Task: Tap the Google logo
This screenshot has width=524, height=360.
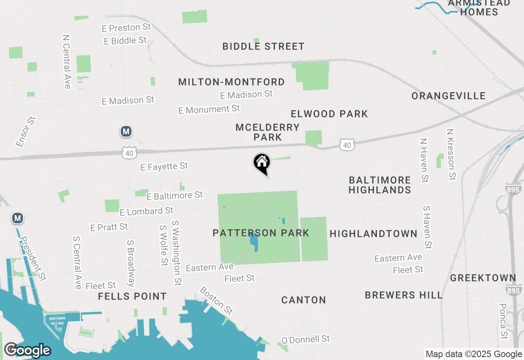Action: click(27, 350)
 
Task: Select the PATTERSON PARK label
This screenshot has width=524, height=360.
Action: click(261, 233)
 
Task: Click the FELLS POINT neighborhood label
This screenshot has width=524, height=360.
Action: click(132, 296)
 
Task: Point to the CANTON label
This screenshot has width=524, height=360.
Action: click(304, 300)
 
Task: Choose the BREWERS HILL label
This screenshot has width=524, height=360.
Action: click(404, 295)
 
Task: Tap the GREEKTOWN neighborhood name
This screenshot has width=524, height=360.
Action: click(483, 278)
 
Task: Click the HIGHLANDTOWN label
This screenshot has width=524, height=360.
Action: click(373, 234)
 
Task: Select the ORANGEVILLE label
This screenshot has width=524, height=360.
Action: click(449, 96)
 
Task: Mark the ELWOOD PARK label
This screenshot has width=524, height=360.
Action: click(329, 114)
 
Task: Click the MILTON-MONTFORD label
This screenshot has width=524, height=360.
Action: click(231, 82)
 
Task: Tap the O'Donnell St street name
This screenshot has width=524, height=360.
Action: click(305, 340)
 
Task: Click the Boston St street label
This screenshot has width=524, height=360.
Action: click(216, 301)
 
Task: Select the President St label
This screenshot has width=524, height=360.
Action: click(33, 259)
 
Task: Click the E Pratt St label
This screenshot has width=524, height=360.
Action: click(109, 227)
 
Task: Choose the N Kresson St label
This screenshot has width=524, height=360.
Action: click(451, 155)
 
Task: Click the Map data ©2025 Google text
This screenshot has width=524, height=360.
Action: click(474, 354)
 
